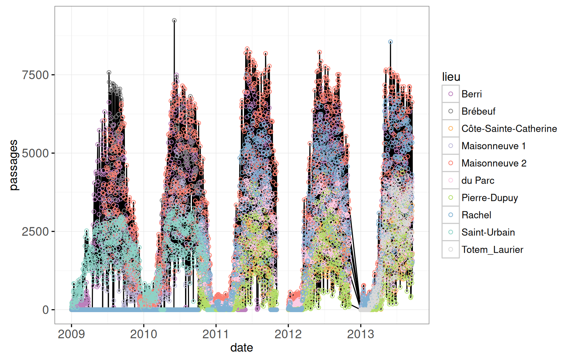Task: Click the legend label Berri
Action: point(471,94)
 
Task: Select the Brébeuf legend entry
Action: point(478,111)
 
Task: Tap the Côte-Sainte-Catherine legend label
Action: point(509,129)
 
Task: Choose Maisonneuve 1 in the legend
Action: point(494,146)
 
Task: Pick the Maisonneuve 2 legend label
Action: point(494,163)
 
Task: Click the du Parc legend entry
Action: point(478,180)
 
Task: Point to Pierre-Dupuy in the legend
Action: point(490,198)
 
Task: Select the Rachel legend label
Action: point(476,215)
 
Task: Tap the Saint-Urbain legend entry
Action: point(488,232)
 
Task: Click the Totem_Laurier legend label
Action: point(492,249)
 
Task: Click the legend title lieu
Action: point(451,77)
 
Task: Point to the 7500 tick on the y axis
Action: point(35,75)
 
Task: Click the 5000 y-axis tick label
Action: point(35,153)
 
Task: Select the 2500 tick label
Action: point(35,231)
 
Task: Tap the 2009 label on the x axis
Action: point(71,334)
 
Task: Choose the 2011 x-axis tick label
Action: point(216,334)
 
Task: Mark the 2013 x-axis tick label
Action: point(360,334)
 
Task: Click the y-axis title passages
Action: point(13,165)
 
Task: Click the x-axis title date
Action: point(242,348)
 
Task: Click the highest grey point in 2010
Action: point(174,21)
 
